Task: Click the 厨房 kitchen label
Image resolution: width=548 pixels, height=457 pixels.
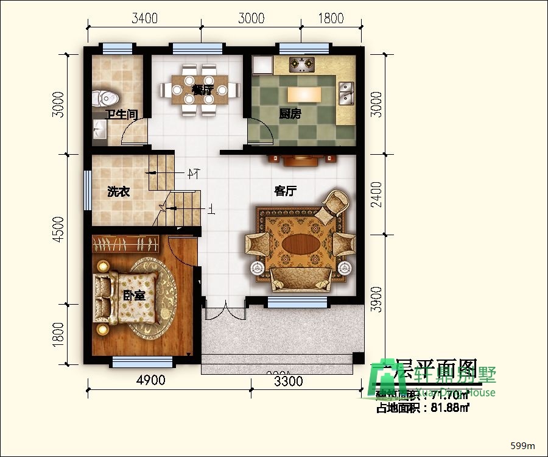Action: (290, 113)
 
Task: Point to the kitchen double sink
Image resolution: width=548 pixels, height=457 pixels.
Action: (346, 91)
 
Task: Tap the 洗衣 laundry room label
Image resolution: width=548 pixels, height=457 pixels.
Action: (118, 192)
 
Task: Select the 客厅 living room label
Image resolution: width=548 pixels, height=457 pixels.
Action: (285, 191)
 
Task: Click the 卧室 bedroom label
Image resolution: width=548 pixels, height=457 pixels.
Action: (134, 296)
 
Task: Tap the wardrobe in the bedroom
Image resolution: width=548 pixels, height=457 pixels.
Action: (127, 244)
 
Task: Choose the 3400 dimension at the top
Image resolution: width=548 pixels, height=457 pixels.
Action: (145, 18)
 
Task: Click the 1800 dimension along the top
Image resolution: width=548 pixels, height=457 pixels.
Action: (331, 18)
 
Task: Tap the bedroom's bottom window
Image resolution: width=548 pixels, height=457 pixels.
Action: (139, 363)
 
